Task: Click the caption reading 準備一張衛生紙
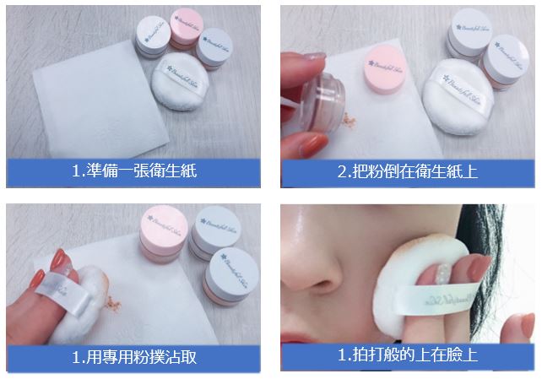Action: tap(135, 171)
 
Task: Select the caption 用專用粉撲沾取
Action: tap(135, 355)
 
